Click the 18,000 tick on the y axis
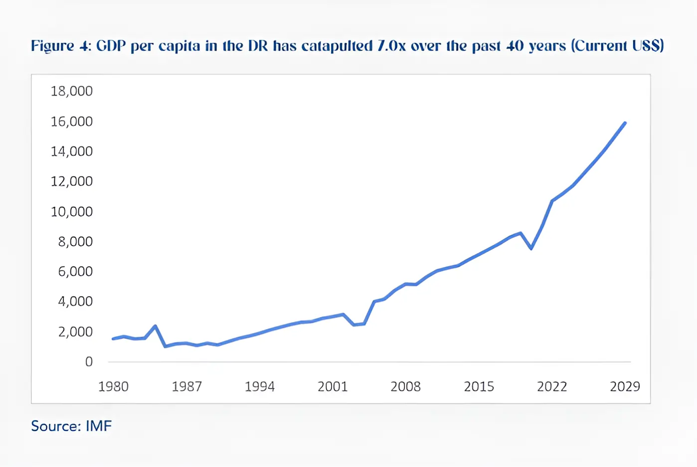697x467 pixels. click(x=71, y=91)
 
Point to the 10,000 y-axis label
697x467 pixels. click(x=71, y=212)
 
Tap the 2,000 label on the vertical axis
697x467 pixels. click(x=75, y=332)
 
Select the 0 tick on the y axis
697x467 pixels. click(x=89, y=362)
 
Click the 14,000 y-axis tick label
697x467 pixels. click(x=71, y=151)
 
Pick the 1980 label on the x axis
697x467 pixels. click(x=113, y=387)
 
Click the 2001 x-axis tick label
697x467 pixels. click(x=333, y=387)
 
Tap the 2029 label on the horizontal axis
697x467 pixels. click(x=625, y=387)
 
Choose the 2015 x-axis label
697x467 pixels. click(x=479, y=387)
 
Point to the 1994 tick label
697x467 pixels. click(x=259, y=387)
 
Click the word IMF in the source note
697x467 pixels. click(x=99, y=426)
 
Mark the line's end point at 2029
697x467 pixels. click(x=625, y=123)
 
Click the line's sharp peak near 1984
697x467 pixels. click(x=156, y=326)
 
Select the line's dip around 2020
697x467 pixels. click(x=531, y=248)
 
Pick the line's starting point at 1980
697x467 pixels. click(x=113, y=339)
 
